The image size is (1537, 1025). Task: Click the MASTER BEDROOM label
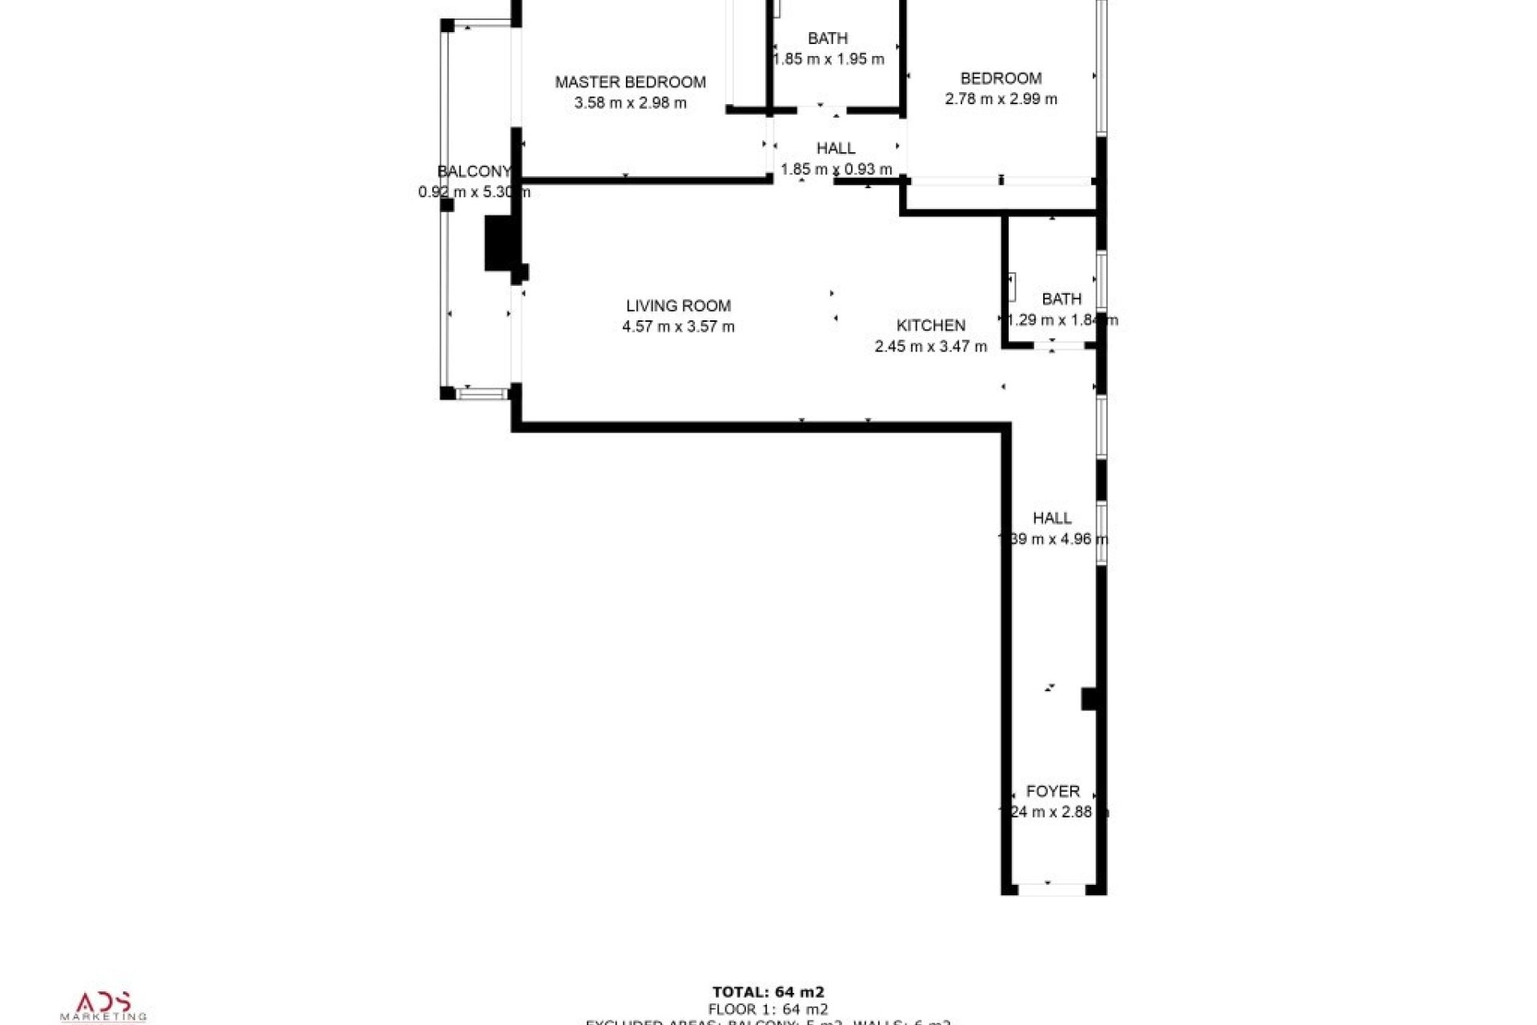(630, 82)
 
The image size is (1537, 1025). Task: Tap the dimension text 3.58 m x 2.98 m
(630, 102)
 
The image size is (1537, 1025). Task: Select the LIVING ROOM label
(678, 305)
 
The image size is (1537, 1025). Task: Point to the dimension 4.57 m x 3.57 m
(678, 326)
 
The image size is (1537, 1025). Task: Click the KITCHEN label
(930, 325)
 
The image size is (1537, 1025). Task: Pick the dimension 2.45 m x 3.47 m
(930, 346)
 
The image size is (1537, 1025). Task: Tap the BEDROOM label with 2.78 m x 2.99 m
(1001, 78)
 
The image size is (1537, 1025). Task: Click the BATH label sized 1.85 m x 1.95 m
(828, 38)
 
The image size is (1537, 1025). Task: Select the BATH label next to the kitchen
(1061, 299)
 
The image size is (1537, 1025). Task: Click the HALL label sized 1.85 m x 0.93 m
(836, 148)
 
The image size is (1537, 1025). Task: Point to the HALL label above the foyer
(1052, 518)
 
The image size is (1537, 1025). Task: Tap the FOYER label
(1053, 791)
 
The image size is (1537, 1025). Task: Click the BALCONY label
(473, 171)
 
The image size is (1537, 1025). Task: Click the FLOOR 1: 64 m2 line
(768, 1010)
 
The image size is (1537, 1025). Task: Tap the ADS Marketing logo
(103, 1006)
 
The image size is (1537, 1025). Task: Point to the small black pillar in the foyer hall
(1089, 698)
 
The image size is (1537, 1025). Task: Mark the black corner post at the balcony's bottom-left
(447, 393)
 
